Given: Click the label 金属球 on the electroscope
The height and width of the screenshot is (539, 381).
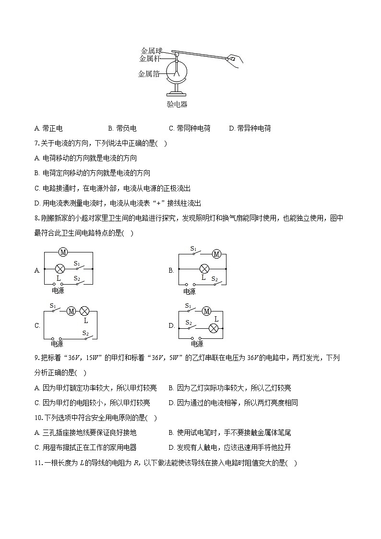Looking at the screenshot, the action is (x=152, y=51).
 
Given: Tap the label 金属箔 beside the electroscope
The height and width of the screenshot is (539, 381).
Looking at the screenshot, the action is (x=149, y=74).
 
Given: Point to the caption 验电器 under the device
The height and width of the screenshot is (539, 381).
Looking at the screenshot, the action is (x=177, y=104).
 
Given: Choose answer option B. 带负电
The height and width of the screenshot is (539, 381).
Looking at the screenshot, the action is (x=122, y=128).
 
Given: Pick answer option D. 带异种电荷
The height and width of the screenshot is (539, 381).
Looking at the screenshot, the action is (x=250, y=128).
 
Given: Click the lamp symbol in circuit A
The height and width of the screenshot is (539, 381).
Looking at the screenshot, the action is (x=60, y=269).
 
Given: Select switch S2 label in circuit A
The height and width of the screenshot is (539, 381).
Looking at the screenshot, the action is (x=77, y=278).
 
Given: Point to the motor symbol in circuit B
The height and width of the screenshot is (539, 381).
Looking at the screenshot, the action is (x=216, y=254).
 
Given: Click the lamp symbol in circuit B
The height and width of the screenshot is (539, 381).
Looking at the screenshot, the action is (x=204, y=269).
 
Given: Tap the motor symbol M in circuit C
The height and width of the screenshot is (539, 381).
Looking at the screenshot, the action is (x=71, y=311).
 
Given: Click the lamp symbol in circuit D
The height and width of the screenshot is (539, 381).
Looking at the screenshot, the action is (x=214, y=328).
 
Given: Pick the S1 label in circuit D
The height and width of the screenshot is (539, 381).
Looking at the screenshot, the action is (x=188, y=306).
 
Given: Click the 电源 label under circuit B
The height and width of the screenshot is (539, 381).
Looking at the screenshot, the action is (x=190, y=291).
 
